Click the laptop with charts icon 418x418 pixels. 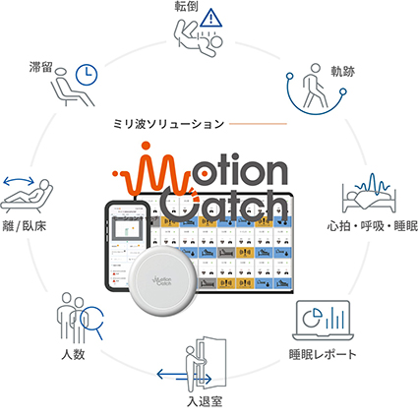324,321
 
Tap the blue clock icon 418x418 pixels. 86,75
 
